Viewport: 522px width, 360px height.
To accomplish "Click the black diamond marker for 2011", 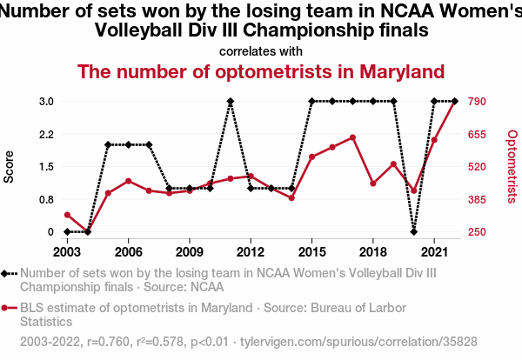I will (231, 101).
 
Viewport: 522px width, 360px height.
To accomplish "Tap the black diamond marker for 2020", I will (413, 231).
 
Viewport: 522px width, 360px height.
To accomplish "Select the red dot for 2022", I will (454, 102).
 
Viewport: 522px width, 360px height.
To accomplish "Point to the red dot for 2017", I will (352, 137).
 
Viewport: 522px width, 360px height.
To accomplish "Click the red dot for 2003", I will (67, 215).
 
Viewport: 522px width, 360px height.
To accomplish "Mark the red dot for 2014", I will (291, 198).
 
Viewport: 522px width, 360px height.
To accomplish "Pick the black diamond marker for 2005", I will (108, 144).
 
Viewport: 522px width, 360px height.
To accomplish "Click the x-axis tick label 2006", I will (129, 251).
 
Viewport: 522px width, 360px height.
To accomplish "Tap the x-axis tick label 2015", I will (311, 251).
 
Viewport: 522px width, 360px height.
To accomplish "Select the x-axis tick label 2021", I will (433, 251).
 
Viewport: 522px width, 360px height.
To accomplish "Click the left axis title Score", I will (10, 166).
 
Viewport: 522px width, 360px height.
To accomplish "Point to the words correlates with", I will (261, 50).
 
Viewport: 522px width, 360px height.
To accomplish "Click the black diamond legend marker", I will (8, 273).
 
